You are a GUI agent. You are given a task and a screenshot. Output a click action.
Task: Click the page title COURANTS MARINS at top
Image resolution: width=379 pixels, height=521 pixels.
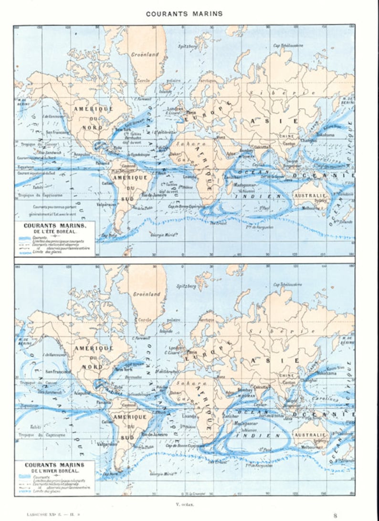(x=184, y=14)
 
